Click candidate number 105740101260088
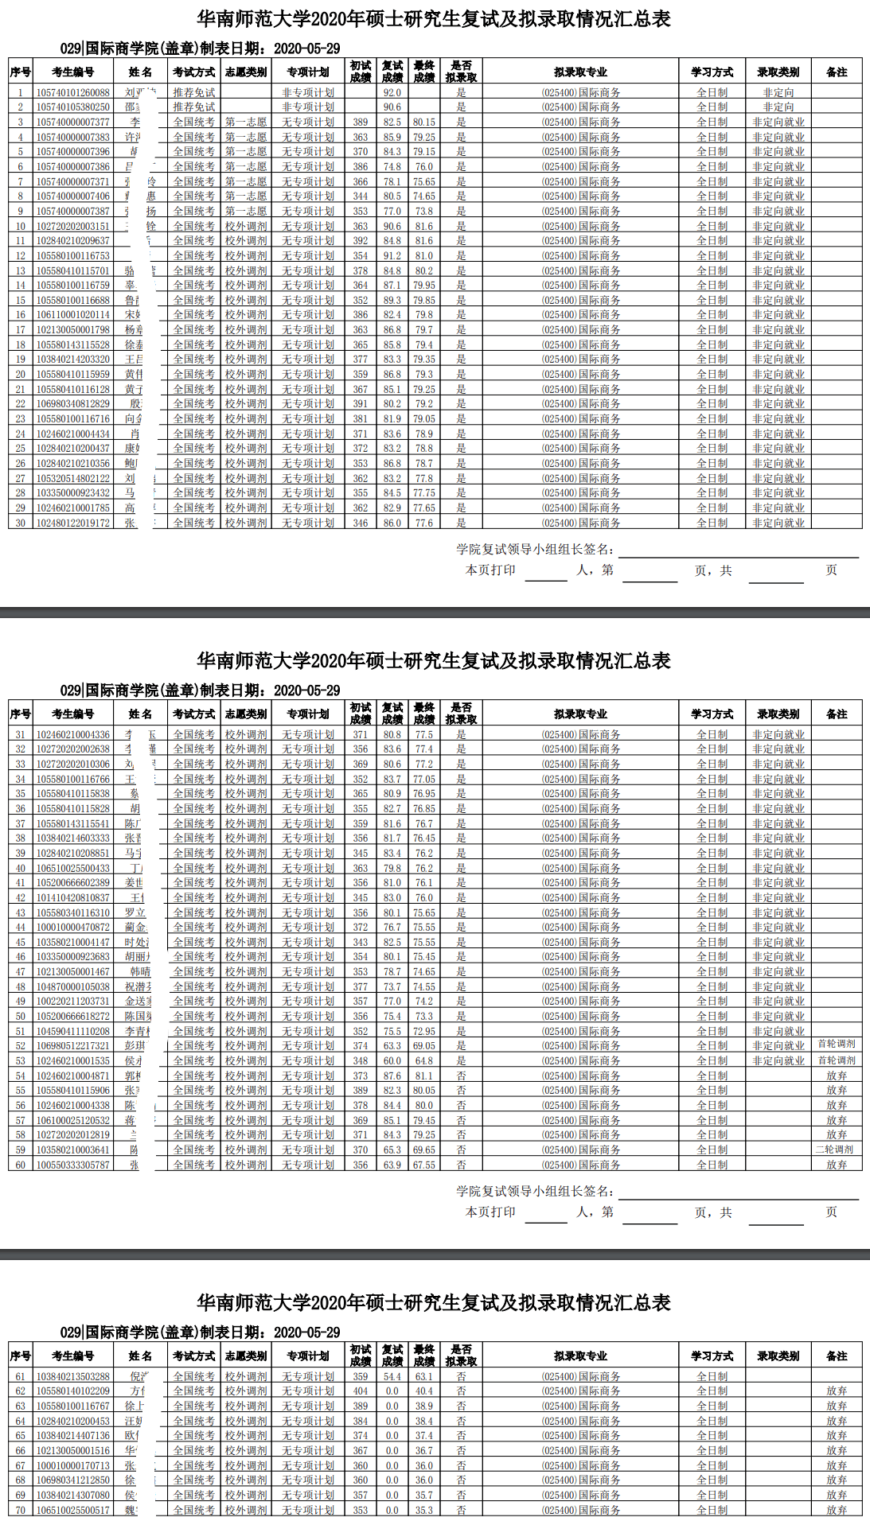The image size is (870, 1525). click(72, 92)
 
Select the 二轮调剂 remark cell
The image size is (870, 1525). click(836, 1150)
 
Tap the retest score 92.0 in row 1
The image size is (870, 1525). click(392, 92)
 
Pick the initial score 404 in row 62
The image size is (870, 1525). click(361, 1391)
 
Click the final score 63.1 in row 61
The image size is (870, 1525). click(423, 1376)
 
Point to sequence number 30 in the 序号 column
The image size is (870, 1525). click(21, 523)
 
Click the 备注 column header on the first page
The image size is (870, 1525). click(837, 72)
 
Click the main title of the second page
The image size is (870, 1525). click(434, 660)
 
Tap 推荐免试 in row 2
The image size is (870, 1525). click(194, 107)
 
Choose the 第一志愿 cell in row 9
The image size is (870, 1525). click(246, 211)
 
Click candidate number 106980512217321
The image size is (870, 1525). click(72, 1045)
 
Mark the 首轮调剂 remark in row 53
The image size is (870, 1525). click(836, 1060)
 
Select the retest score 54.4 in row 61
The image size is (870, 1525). click(392, 1376)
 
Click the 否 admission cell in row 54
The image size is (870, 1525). click(461, 1076)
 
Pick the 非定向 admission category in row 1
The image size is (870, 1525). click(778, 92)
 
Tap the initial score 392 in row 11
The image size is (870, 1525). click(361, 240)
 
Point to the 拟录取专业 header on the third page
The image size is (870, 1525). click(580, 1356)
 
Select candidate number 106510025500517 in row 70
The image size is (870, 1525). click(72, 1510)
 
